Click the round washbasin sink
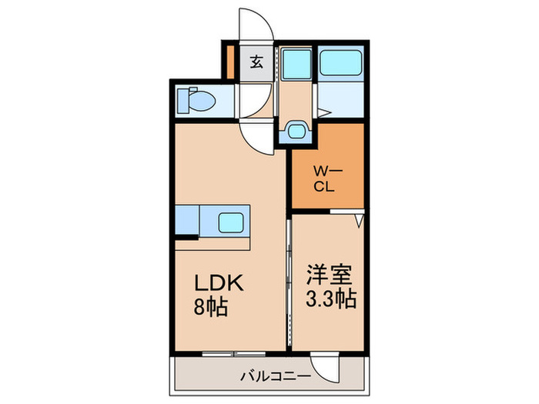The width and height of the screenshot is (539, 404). pyautogui.click(x=295, y=131)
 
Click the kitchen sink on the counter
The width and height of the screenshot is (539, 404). pyautogui.click(x=233, y=223)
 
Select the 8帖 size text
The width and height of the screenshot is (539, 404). pyautogui.click(x=209, y=309)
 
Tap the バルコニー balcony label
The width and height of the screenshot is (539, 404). pyautogui.click(x=273, y=377)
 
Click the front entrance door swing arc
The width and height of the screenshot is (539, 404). pyautogui.click(x=256, y=27)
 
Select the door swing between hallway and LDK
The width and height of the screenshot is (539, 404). pyautogui.click(x=256, y=135)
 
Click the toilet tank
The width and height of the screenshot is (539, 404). pyautogui.click(x=182, y=101)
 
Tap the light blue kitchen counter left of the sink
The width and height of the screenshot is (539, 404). pyautogui.click(x=189, y=222)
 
